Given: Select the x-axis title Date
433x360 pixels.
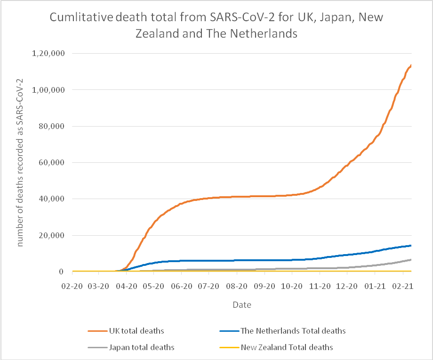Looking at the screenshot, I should pos(242,305).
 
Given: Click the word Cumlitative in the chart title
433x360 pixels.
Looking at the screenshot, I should pos(81,18).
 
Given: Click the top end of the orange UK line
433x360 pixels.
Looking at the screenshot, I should pos(411,65).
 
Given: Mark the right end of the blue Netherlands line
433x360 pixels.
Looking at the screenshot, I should pos(411,245).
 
